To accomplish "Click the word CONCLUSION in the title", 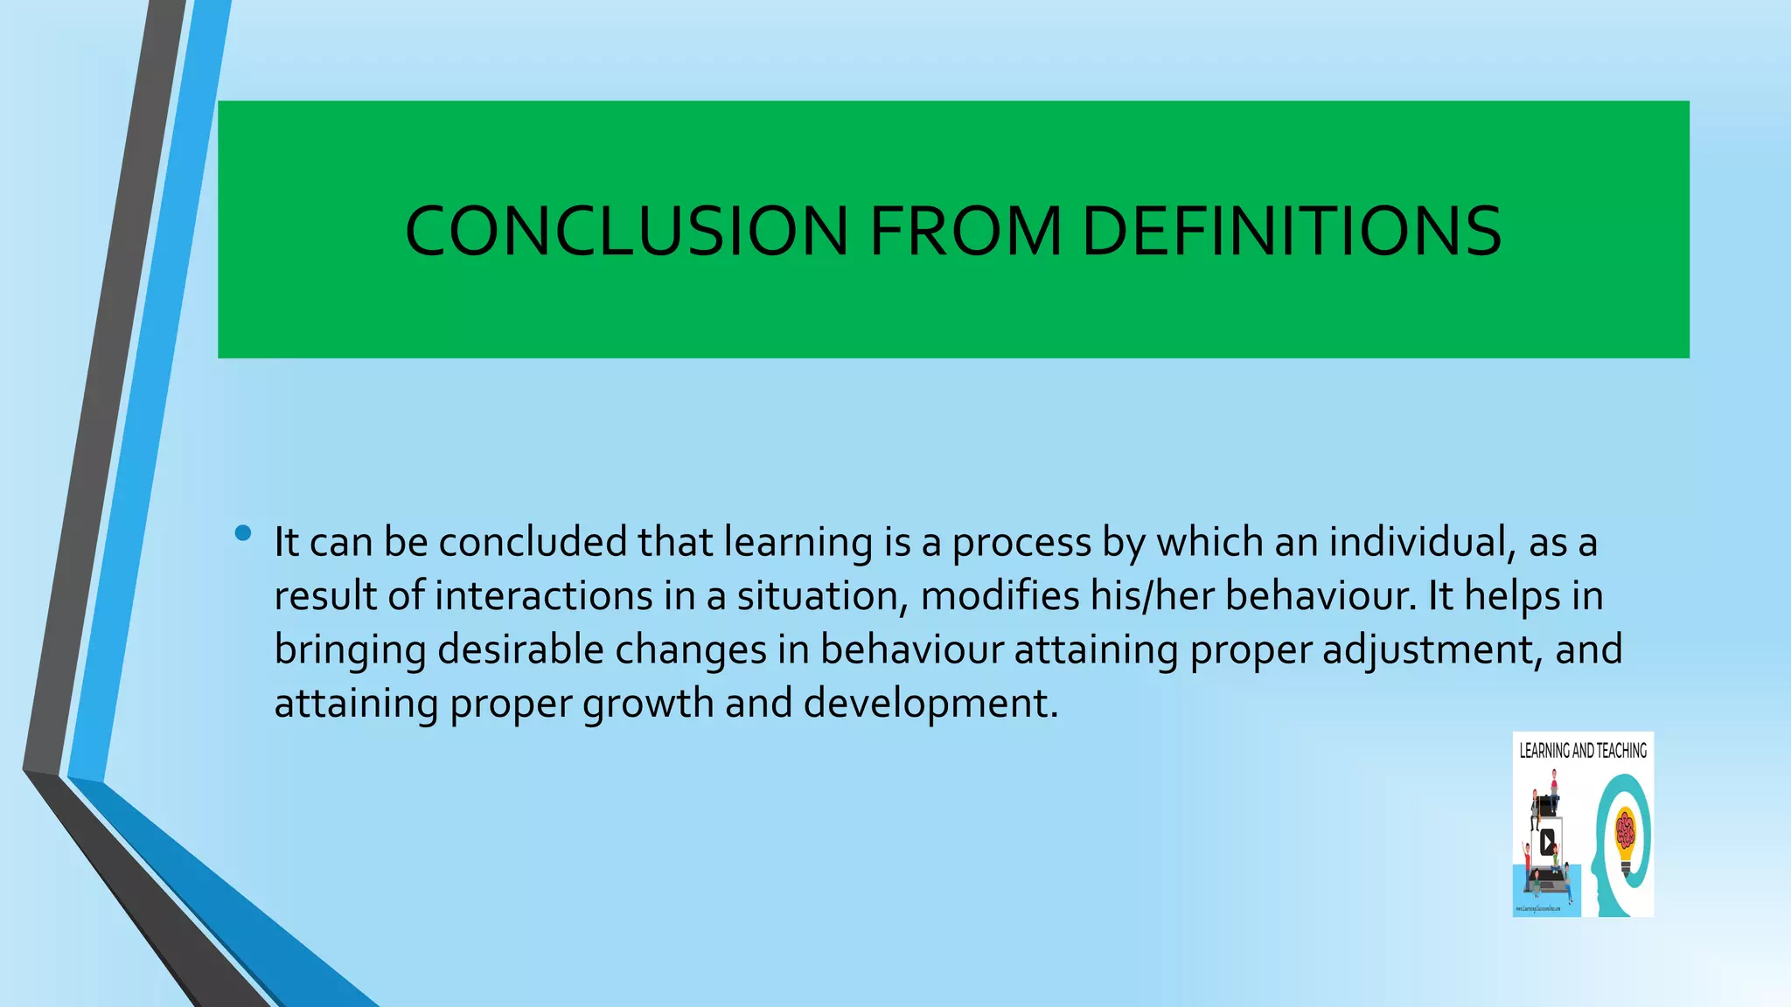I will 626,231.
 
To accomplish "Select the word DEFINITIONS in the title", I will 1292,231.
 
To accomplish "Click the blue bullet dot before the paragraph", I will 243,532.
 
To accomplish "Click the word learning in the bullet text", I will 798,544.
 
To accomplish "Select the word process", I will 1021,544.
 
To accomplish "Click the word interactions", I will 543,596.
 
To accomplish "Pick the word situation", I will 819,596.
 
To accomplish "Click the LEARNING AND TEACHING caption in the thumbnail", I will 1583,750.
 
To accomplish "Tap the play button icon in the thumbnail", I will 1547,843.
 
